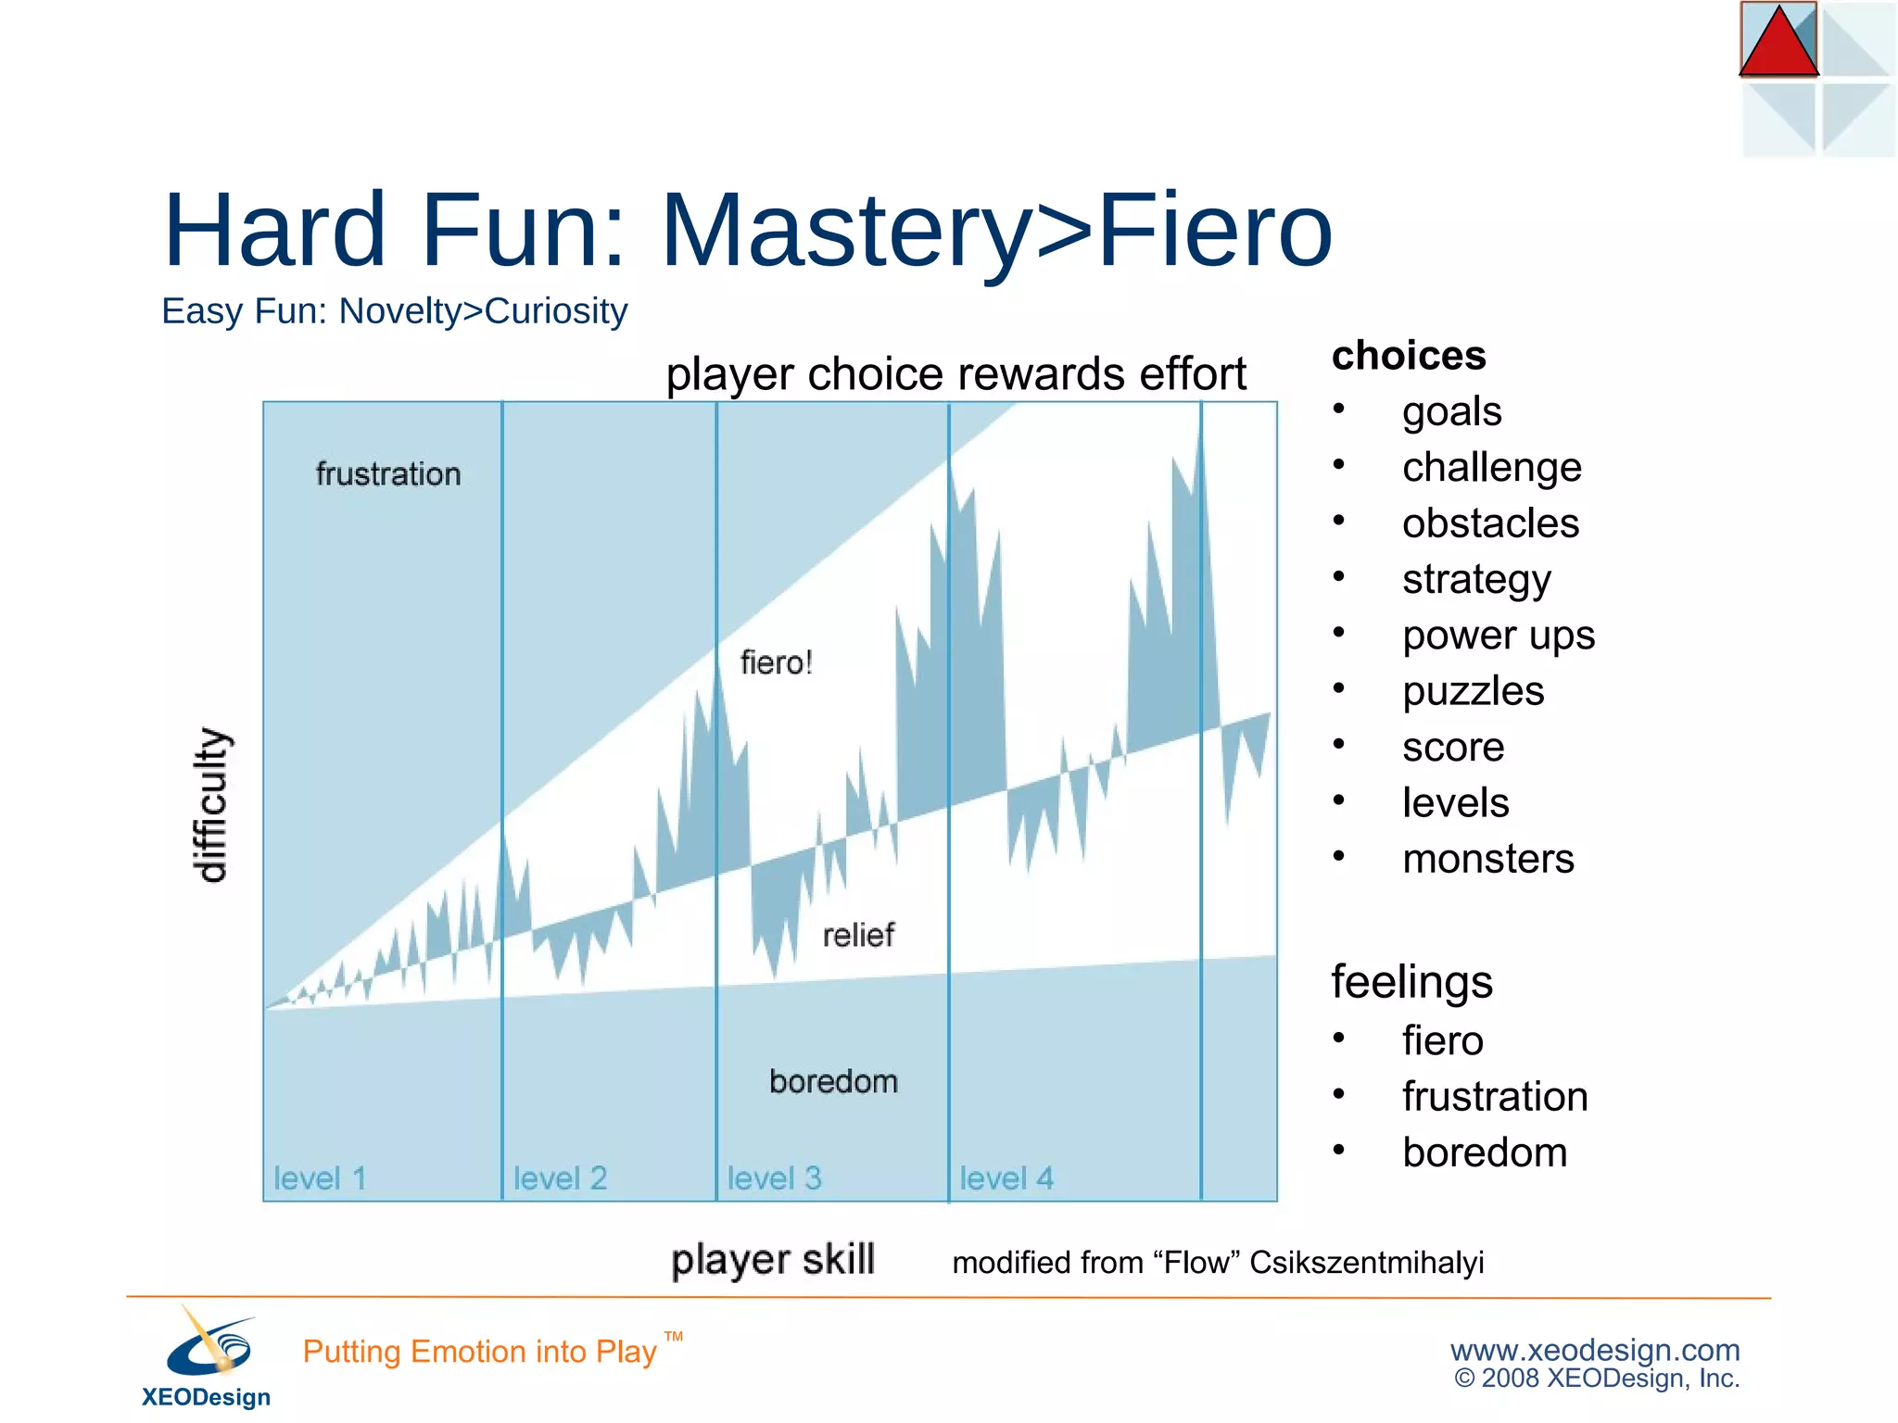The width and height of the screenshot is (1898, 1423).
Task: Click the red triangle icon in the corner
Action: tap(1778, 44)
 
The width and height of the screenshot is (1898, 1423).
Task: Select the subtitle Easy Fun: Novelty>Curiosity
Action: tap(394, 311)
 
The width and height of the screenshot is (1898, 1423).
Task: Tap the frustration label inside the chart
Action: tap(388, 474)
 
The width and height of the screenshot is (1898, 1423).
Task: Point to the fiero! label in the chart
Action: tap(776, 663)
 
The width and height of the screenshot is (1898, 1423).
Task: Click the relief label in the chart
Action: tap(858, 935)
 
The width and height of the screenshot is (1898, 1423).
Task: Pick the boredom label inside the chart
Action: tap(833, 1081)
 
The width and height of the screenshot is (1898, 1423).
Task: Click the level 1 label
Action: tap(321, 1178)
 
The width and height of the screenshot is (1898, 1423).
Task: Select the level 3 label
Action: tap(774, 1178)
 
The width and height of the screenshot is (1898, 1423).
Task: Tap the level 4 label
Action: tap(1006, 1178)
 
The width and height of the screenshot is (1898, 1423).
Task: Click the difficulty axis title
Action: tap(212, 804)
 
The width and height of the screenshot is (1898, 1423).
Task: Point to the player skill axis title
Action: tap(773, 1260)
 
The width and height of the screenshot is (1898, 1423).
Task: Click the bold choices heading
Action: tap(1409, 356)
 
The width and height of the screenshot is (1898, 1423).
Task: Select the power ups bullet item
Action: tap(1498, 636)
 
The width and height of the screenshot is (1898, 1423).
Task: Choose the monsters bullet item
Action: tap(1487, 859)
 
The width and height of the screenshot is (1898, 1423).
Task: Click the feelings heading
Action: tap(1411, 982)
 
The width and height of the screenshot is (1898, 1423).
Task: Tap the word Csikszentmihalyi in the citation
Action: tap(1366, 1263)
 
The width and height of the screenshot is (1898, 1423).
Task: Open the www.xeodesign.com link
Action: tap(1594, 1350)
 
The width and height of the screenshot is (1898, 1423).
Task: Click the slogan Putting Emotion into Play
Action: tap(480, 1352)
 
